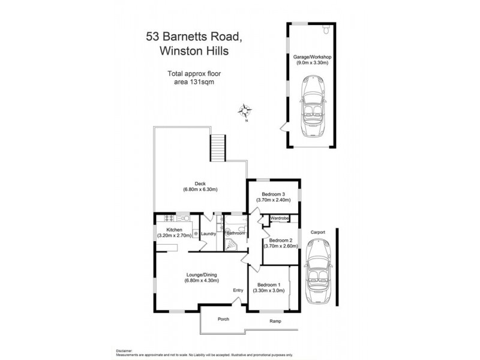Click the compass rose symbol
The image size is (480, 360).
click(246, 111)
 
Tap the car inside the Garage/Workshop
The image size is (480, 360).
click(314, 106)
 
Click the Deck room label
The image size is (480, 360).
click(200, 187)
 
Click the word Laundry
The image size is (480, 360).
click(208, 233)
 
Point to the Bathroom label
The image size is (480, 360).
click(236, 233)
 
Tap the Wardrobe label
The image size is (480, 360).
click(280, 218)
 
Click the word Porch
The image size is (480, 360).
click(223, 319)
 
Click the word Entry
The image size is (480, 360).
click(238, 290)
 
